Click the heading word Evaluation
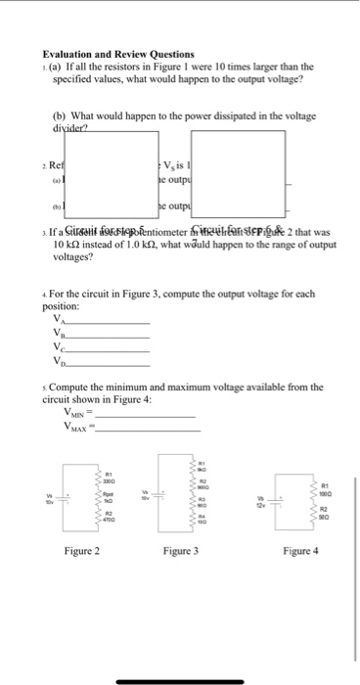(67, 55)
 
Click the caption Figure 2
(81, 578)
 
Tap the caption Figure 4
(296, 578)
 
